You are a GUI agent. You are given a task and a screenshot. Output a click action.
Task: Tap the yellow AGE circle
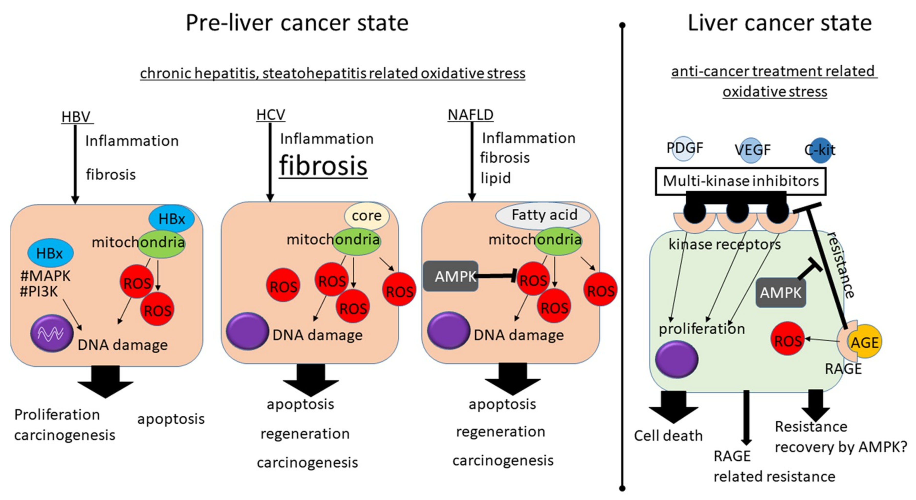tap(865, 342)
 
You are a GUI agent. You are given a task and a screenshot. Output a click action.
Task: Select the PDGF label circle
tap(684, 148)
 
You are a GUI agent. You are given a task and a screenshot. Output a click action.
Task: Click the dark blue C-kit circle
tap(820, 150)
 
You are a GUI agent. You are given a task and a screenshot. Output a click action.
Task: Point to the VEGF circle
tap(752, 150)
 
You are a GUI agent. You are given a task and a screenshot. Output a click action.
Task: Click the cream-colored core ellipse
tap(366, 215)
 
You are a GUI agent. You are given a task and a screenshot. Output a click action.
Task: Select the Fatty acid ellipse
tap(543, 215)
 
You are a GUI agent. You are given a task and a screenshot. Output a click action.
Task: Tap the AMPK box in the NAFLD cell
tap(450, 276)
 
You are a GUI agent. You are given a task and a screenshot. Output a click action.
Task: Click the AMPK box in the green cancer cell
tap(781, 293)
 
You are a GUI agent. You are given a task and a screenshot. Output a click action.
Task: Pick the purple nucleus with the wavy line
tap(52, 333)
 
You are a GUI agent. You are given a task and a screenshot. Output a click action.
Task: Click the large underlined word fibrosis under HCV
tap(323, 166)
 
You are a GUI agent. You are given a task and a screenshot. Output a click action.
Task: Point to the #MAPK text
tap(45, 276)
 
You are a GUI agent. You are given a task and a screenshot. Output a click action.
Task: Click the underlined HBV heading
tap(76, 117)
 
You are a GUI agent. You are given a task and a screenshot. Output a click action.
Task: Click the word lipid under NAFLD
tap(495, 178)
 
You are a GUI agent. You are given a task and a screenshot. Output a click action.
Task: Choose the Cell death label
tap(668, 436)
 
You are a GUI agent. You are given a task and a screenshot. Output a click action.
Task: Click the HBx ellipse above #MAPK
tap(51, 253)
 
